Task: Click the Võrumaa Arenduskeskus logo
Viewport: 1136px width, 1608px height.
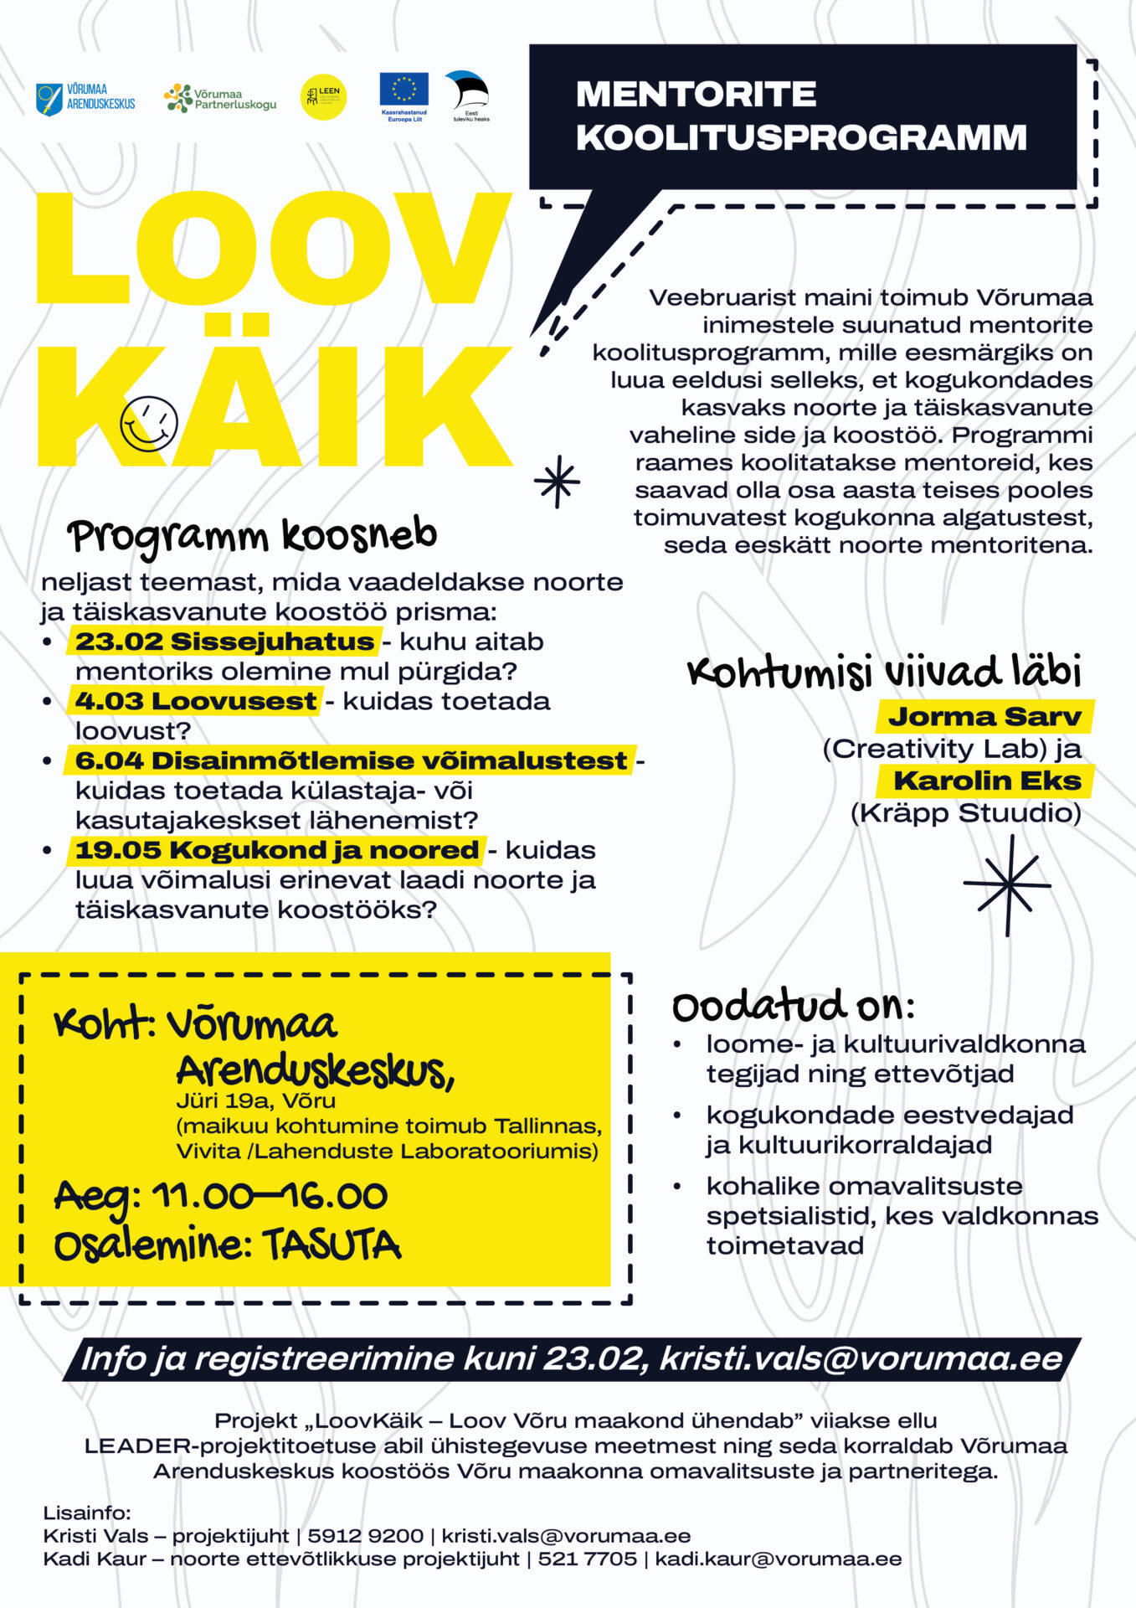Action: point(85,98)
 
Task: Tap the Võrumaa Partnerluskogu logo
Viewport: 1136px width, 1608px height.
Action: point(219,99)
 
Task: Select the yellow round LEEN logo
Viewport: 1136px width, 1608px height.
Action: point(323,98)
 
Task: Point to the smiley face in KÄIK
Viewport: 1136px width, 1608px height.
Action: point(149,424)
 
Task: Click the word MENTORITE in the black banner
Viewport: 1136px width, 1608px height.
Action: point(696,94)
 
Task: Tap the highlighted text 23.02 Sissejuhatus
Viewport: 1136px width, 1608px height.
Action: point(224,642)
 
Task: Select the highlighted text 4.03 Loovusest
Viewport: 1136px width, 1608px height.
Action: point(196,701)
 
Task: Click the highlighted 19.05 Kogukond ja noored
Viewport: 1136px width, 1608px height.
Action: point(276,850)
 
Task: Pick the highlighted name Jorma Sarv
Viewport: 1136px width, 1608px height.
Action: point(984,717)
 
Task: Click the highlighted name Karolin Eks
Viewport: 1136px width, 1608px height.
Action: point(987,781)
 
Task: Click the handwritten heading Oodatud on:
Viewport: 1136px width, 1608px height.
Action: point(792,1006)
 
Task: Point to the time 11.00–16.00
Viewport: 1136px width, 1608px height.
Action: point(269,1196)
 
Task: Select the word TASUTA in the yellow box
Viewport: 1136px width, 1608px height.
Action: point(332,1245)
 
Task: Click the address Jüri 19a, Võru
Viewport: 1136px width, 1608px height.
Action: point(255,1100)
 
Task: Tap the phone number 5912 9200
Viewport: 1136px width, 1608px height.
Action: point(365,1536)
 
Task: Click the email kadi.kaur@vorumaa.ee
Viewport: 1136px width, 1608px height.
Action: point(779,1559)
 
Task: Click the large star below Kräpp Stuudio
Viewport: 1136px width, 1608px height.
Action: point(1008,884)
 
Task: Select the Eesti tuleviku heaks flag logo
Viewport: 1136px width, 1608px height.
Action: point(469,94)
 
